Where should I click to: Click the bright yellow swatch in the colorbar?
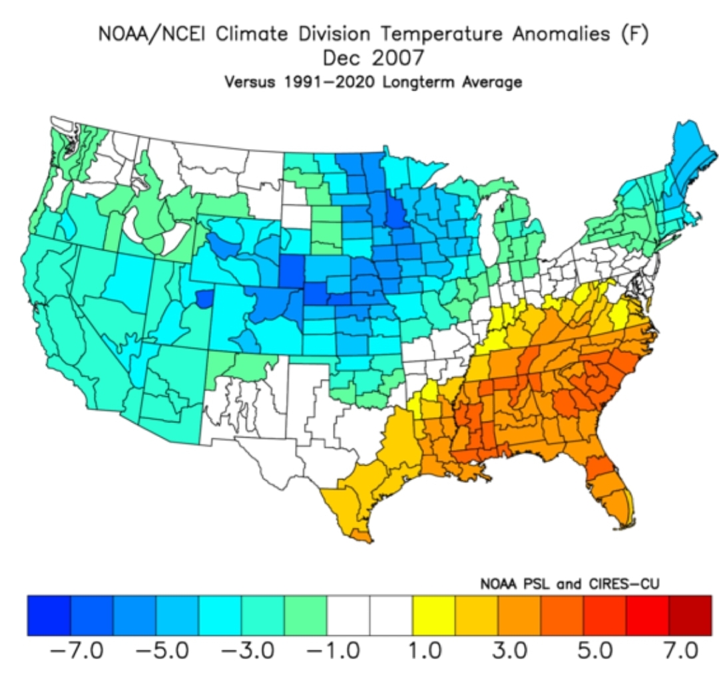click(x=433, y=615)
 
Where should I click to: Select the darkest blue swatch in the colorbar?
click(x=49, y=615)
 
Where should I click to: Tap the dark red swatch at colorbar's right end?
click(x=690, y=615)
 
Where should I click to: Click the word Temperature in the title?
click(x=441, y=34)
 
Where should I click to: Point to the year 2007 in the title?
click(x=398, y=58)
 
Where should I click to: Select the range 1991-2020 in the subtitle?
click(x=330, y=82)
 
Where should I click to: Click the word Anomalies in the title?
click(x=561, y=34)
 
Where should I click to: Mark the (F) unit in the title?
click(x=635, y=34)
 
